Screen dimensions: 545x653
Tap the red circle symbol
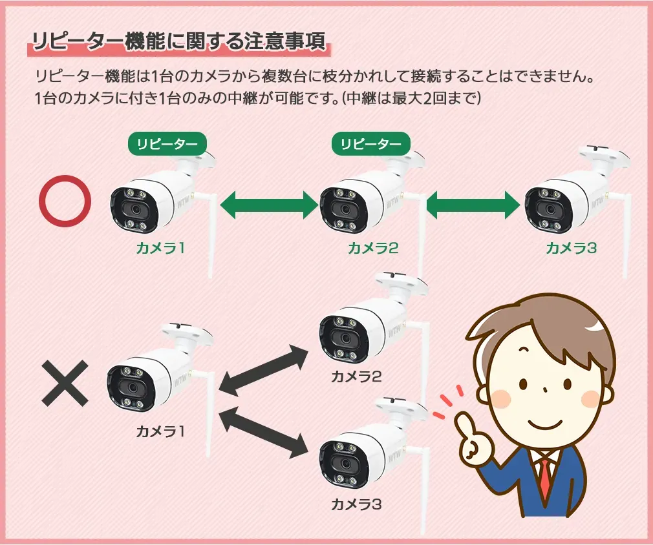click(x=65, y=201)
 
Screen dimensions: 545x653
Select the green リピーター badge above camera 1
click(x=167, y=144)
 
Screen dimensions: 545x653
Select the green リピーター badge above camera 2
click(x=370, y=144)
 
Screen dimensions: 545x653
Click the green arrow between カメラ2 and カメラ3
click(x=473, y=205)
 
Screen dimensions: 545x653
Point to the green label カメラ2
click(x=372, y=247)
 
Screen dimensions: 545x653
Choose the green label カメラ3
click(x=571, y=247)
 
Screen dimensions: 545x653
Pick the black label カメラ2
click(x=356, y=375)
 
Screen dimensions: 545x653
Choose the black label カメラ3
click(x=356, y=503)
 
